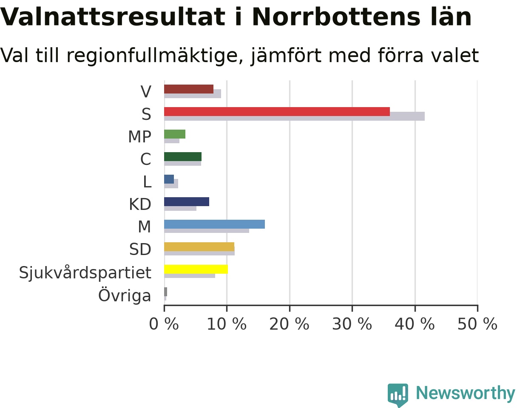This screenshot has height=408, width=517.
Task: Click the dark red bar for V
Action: coord(189,89)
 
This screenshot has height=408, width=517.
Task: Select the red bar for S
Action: coord(277,112)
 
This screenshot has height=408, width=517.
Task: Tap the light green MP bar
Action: coord(175,134)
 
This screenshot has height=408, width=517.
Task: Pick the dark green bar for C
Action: coord(183,156)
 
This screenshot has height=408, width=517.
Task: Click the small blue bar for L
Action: coord(169,179)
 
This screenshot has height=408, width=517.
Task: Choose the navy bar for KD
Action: coord(187,202)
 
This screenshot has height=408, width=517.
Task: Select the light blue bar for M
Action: coord(215,224)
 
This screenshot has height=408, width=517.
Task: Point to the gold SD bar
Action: coord(199,247)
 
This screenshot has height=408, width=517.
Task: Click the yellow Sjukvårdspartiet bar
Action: coord(196,269)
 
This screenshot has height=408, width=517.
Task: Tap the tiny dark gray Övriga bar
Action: coord(165,292)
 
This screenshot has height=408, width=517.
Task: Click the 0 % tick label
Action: coord(164,324)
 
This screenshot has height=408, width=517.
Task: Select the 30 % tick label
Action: coord(352,324)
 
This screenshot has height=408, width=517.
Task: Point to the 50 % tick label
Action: coord(477,324)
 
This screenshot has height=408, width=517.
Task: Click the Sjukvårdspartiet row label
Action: coord(85,273)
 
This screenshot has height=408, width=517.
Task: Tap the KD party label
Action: coord(140,204)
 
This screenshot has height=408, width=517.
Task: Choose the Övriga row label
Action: coord(125,295)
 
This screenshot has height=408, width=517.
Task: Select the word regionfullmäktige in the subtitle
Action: coord(155,56)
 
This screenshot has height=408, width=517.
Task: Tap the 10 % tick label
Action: coord(227,324)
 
